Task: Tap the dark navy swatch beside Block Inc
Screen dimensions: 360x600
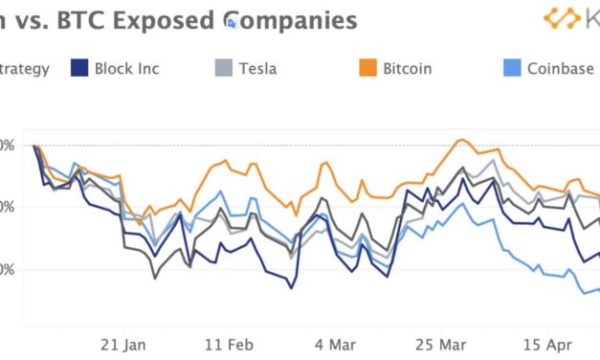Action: [80, 68]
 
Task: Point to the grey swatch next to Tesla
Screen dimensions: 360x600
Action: [222, 68]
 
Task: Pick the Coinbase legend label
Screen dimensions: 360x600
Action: [558, 68]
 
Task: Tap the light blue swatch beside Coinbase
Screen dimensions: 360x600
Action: [512, 68]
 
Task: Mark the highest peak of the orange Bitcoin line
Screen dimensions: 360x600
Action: [461, 140]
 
